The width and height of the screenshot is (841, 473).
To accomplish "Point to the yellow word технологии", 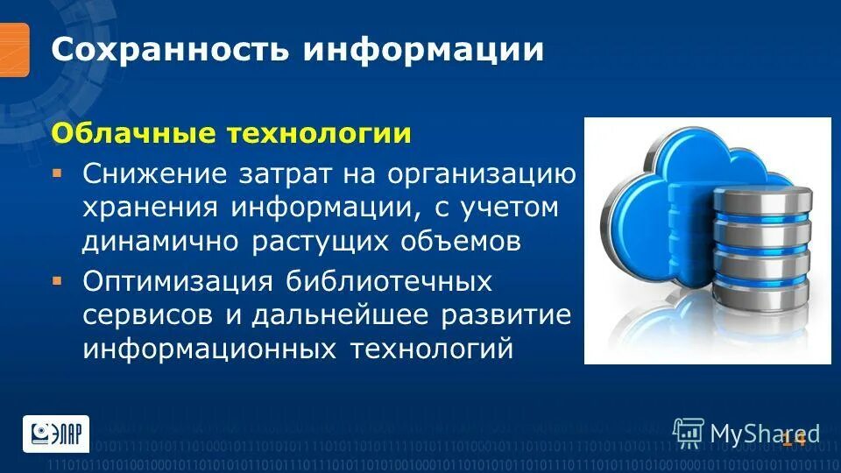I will pos(319,134).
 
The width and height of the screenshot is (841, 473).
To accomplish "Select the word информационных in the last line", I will pos(209,349).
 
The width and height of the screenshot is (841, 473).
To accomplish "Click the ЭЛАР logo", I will pos(55,434).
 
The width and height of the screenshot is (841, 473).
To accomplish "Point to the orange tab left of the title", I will pos(14,49).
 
